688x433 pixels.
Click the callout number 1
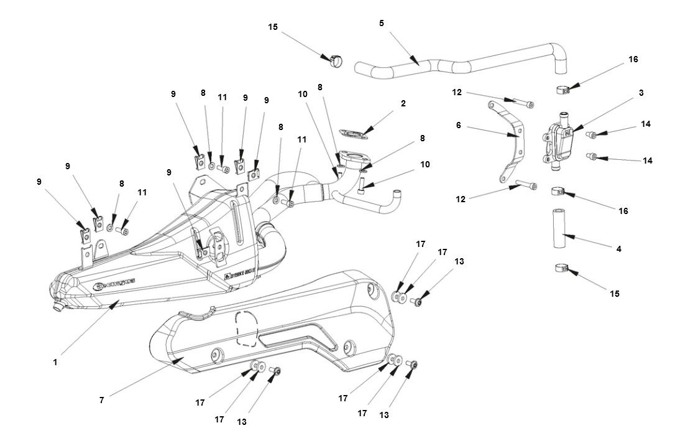(x=55, y=361)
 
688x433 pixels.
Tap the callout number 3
(x=641, y=93)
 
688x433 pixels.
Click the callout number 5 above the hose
(x=382, y=23)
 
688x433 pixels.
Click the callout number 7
(x=101, y=401)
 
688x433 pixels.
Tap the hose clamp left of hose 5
(x=334, y=60)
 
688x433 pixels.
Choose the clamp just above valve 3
(x=564, y=89)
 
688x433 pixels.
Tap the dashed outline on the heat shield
(x=247, y=327)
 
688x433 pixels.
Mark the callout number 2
(x=403, y=103)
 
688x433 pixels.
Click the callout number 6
(x=458, y=125)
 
